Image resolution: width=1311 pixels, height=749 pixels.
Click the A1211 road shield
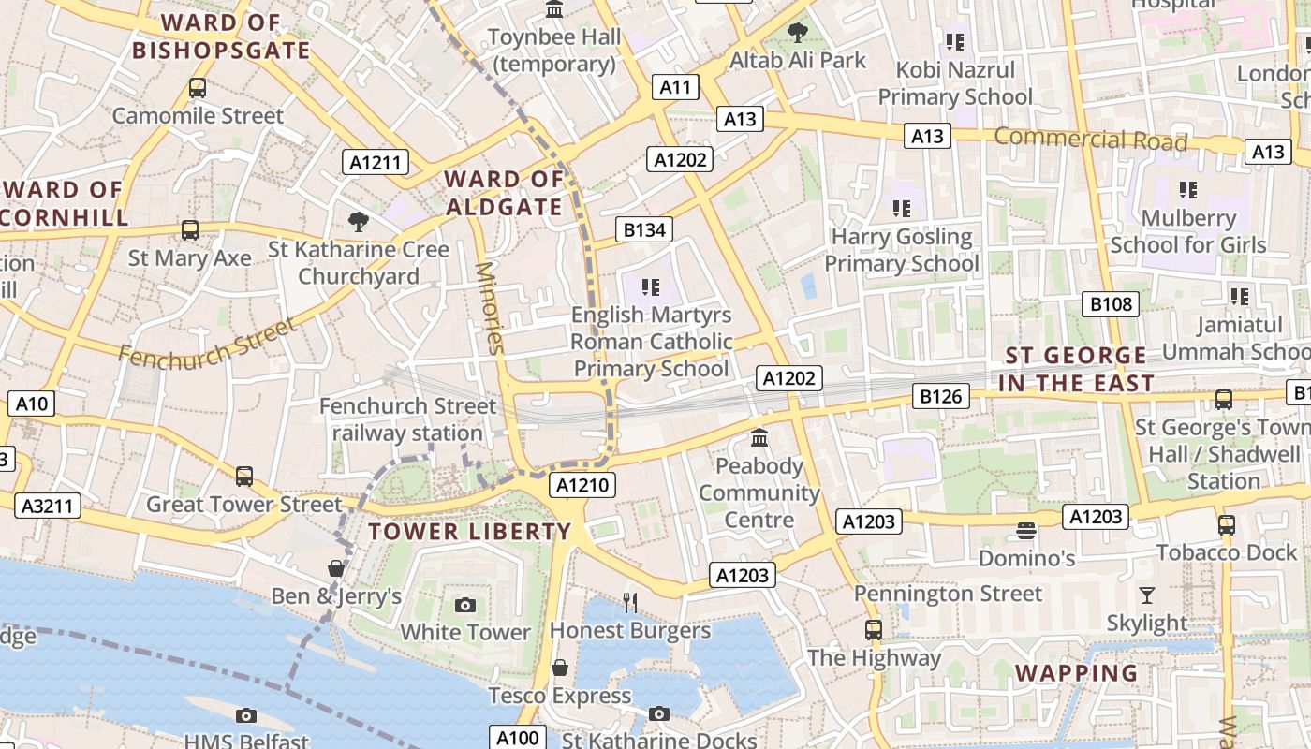coord(375,163)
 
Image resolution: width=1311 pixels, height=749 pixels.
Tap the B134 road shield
coord(644,229)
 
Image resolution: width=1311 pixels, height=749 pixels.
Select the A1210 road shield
coord(583,485)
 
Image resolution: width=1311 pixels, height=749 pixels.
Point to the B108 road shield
coord(1112,303)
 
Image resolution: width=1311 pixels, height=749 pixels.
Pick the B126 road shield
coord(940,396)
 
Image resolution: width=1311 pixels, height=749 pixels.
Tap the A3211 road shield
coord(48,507)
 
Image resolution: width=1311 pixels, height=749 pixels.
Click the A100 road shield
coord(517,738)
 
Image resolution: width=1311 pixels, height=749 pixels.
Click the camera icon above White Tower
coord(464,605)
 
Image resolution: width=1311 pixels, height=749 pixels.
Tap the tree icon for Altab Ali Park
coord(798,33)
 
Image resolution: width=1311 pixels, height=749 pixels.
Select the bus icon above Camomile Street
coord(198,88)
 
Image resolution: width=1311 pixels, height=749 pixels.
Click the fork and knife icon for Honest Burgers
coord(630,602)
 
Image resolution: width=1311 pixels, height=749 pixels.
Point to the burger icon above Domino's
coord(1026,531)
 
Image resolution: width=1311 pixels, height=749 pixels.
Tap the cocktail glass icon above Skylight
coord(1146,595)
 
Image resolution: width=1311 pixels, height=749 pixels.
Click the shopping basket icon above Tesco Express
coord(560,668)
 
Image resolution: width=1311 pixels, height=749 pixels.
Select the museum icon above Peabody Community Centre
coord(759,437)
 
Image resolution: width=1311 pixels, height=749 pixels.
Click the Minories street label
coord(491,307)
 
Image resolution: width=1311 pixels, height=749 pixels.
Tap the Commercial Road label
coord(1090,140)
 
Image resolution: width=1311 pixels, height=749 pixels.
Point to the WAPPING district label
coord(1077,673)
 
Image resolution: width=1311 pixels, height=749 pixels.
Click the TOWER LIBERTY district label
coord(469,532)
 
